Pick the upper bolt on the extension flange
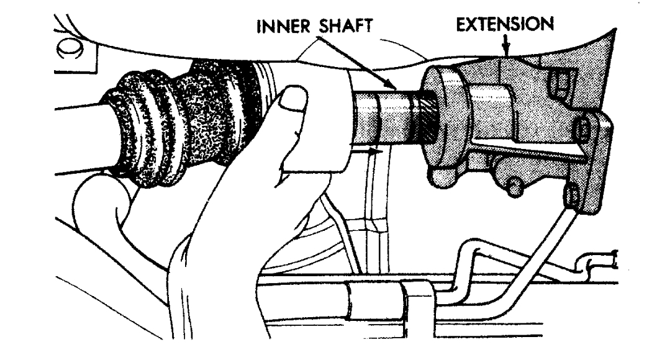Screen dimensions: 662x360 click(583, 129)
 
